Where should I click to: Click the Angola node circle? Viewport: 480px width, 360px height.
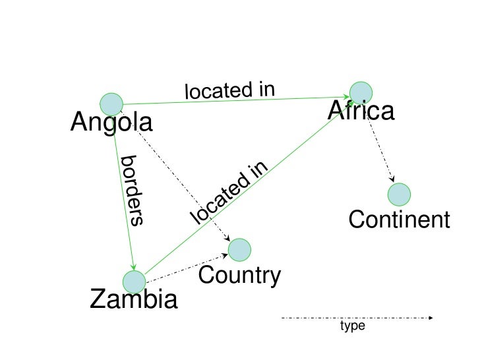111,104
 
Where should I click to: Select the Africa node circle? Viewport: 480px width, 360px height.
361,93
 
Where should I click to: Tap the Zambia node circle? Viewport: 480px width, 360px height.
135,282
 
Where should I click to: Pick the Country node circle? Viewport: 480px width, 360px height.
240,249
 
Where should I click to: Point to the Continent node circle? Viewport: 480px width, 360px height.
399,195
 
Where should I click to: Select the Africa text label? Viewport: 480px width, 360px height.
361,112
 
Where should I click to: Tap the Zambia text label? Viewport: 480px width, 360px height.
134,301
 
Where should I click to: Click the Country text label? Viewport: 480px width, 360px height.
239,276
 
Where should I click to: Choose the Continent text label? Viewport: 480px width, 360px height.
399,220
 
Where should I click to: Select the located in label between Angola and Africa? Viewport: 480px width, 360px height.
229,90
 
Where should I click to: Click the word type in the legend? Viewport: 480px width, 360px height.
352,326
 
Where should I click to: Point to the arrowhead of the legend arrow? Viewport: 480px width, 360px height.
431,318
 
